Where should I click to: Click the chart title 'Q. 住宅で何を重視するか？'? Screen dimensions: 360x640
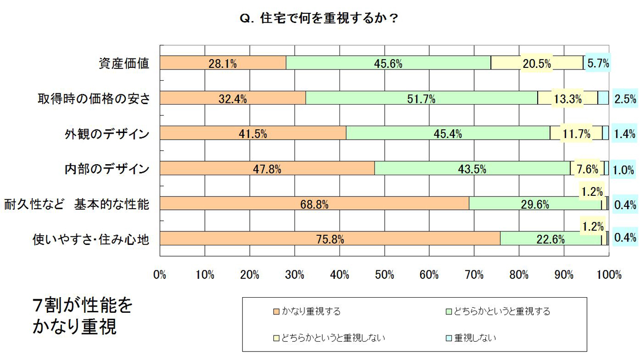pyautogui.click(x=319, y=18)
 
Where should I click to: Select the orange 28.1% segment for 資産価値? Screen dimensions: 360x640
pyautogui.click(x=223, y=63)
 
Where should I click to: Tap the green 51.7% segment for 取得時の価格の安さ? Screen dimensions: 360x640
pyautogui.click(x=421, y=98)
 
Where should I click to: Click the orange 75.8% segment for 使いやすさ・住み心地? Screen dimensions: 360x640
pyautogui.click(x=330, y=239)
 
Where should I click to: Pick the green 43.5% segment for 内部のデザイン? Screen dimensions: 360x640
pyautogui.click(x=472, y=168)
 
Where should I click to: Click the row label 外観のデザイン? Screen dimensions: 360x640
pyautogui.click(x=106, y=134)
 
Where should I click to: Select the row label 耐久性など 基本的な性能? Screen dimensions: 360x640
pyautogui.click(x=76, y=204)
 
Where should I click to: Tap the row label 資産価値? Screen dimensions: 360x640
pyautogui.click(x=121, y=63)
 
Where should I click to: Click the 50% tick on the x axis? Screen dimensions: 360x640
pyautogui.click(x=385, y=274)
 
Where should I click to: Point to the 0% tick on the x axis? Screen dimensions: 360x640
pyautogui.click(x=160, y=274)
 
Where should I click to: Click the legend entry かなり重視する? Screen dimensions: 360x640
pyautogui.click(x=311, y=312)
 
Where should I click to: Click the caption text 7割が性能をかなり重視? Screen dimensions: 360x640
pyautogui.click(x=82, y=316)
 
